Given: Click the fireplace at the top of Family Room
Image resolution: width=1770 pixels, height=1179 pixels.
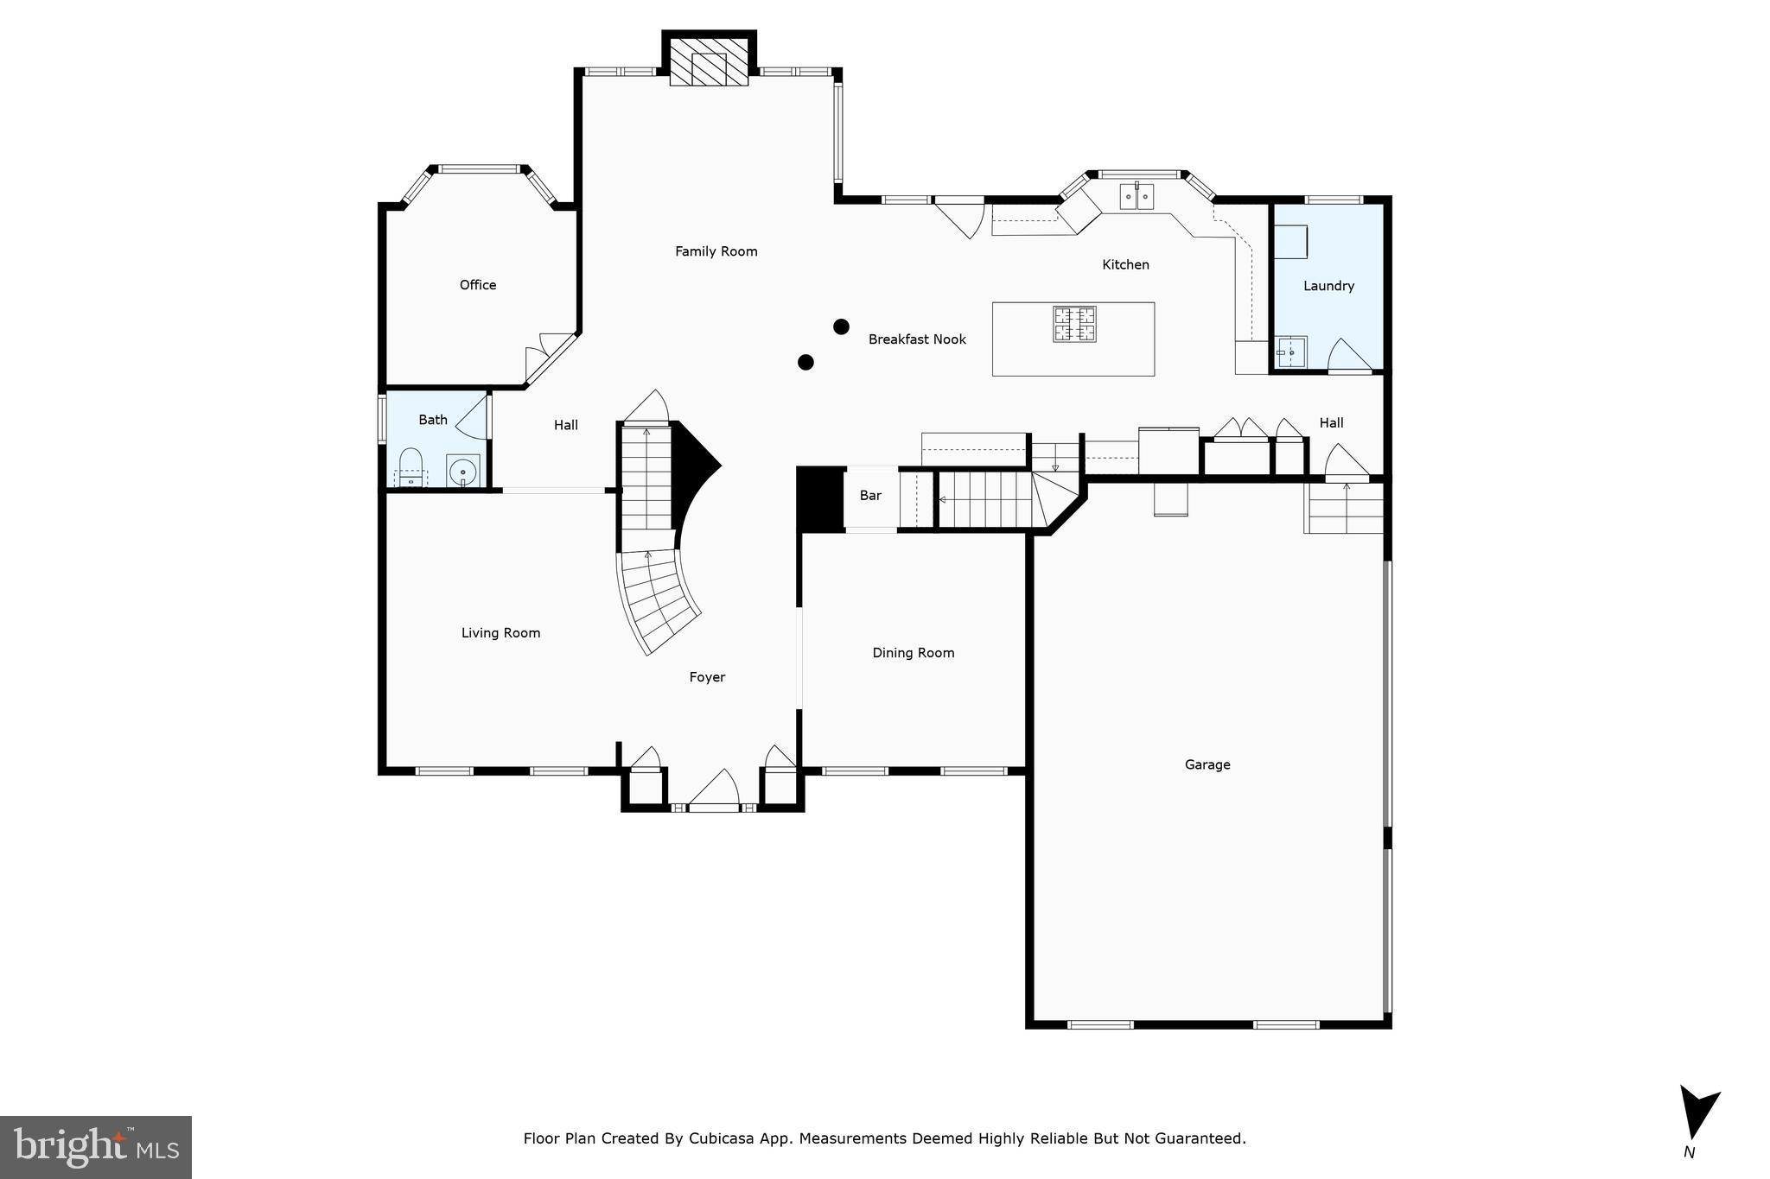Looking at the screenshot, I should click(x=709, y=60).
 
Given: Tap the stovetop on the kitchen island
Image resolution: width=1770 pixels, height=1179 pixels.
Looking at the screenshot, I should click(x=1074, y=324).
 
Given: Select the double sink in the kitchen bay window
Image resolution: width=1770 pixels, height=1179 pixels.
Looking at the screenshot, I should click(x=1136, y=197).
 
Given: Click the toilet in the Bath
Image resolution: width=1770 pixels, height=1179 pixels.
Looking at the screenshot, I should click(x=410, y=467).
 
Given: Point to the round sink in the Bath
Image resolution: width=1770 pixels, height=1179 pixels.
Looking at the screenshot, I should click(x=463, y=472).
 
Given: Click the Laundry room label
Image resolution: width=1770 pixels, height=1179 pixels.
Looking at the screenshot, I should click(x=1328, y=286).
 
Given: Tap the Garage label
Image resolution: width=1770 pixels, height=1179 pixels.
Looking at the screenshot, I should click(x=1207, y=764).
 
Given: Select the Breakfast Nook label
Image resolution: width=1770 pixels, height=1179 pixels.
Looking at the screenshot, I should click(x=916, y=339).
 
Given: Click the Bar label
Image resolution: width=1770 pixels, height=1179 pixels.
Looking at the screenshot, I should click(x=870, y=496).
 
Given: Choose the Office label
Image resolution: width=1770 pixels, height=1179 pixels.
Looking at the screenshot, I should click(x=477, y=285).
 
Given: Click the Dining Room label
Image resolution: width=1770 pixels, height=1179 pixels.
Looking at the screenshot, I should click(x=913, y=653).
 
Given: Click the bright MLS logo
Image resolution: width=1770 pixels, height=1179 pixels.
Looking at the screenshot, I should click(x=96, y=1147).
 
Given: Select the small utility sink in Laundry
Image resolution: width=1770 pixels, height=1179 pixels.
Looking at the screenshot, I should click(x=1291, y=352).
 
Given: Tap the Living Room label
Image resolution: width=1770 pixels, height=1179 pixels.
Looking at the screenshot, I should click(x=500, y=633).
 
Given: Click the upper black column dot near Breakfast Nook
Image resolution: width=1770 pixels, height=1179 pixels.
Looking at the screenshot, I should click(x=841, y=326).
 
